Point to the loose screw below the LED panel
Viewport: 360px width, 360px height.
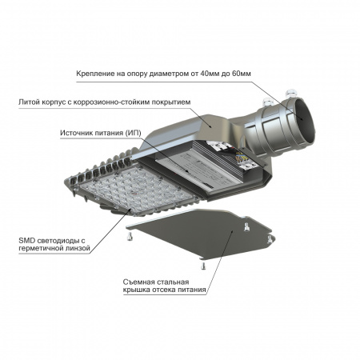[x=127, y=237]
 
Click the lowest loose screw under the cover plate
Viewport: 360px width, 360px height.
[x=203, y=266]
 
